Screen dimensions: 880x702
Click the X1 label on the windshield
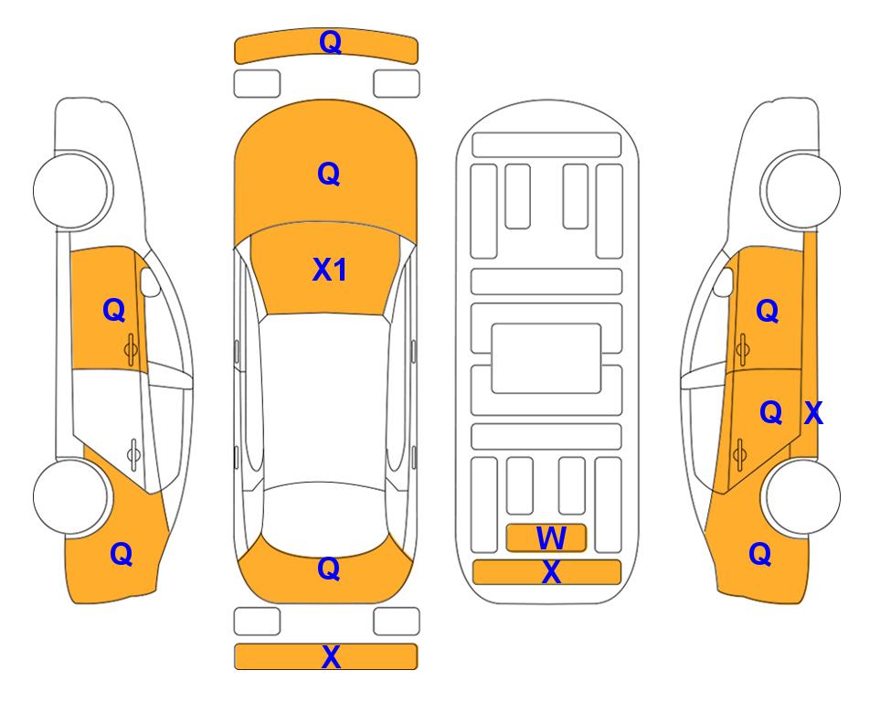(330, 270)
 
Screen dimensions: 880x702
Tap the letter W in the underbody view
(551, 537)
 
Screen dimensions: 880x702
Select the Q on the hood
(329, 174)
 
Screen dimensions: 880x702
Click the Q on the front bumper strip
(330, 42)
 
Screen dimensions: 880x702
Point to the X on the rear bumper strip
(331, 656)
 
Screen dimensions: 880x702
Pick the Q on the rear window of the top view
(329, 569)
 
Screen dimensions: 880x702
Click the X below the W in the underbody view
(551, 572)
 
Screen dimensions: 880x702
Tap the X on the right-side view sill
(813, 413)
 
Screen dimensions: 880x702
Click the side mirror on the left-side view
(150, 282)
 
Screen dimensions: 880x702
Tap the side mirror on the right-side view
(724, 282)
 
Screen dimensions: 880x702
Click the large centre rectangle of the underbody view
(546, 357)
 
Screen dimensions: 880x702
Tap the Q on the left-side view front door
(114, 310)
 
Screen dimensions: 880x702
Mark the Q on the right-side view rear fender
(760, 554)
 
